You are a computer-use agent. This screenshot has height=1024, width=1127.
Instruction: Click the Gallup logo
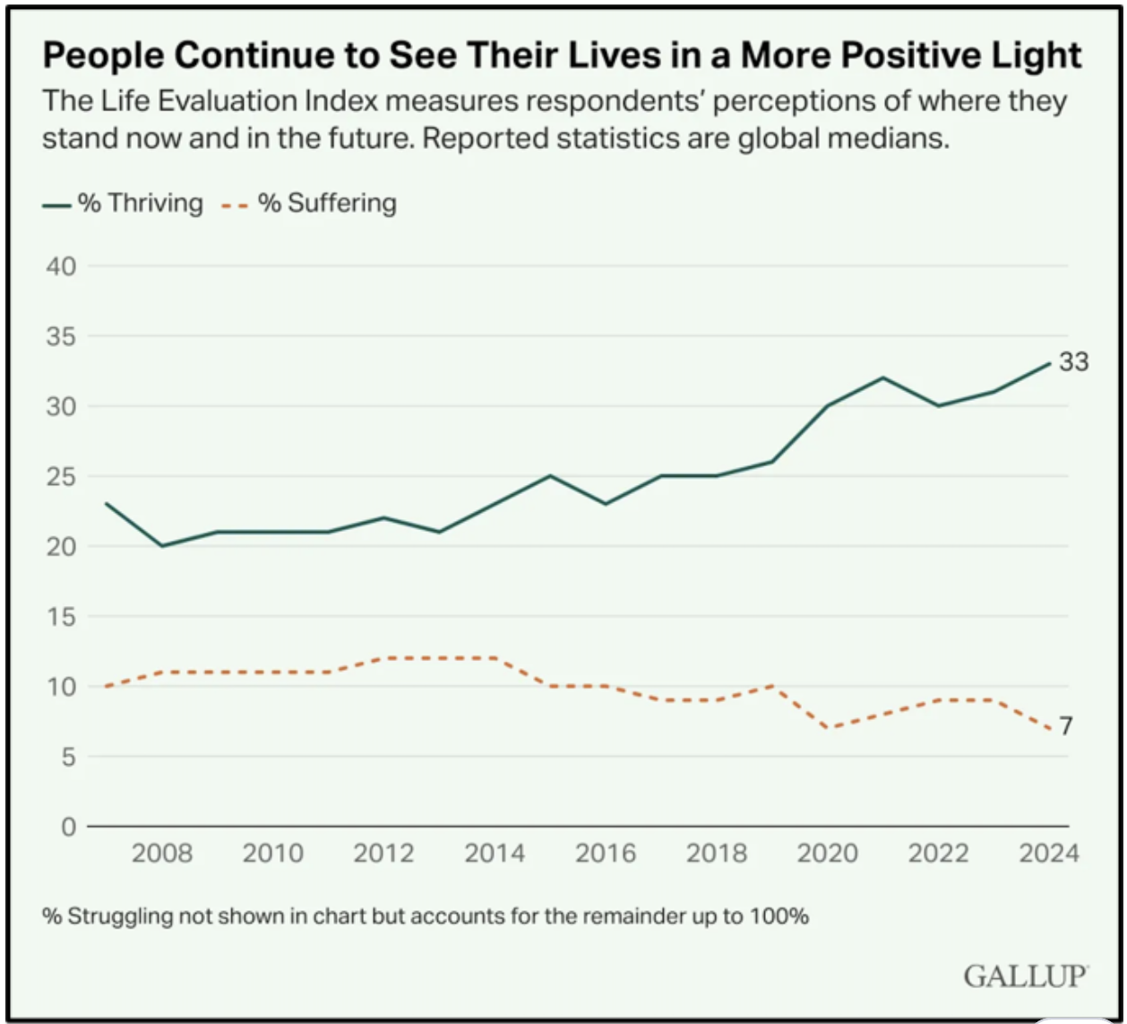(1026, 975)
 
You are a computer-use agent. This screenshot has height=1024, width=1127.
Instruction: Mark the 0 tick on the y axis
(66, 826)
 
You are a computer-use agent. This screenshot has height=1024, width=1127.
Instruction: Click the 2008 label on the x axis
(162, 853)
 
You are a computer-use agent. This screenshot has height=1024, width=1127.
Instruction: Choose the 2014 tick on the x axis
(495, 853)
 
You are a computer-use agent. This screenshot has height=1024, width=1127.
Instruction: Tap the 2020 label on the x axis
(828, 853)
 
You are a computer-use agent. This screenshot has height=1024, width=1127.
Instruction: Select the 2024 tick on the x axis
(1049, 853)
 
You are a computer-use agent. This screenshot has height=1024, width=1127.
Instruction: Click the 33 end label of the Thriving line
(1073, 363)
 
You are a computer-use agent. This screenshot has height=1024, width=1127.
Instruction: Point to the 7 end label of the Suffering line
(1066, 726)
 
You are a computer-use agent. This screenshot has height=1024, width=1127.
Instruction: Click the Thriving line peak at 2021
(883, 377)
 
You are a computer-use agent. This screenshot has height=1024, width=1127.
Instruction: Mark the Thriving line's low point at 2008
(162, 545)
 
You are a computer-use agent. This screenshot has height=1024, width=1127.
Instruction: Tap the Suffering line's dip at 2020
(828, 727)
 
